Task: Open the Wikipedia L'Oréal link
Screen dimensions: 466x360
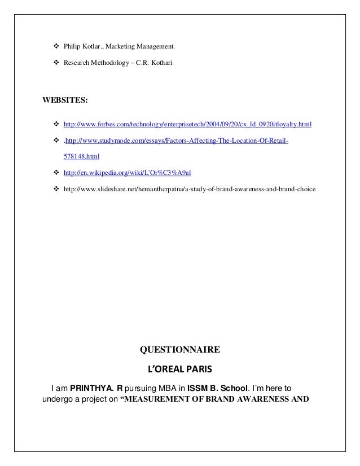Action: coord(128,172)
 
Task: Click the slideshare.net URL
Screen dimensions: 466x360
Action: coord(190,188)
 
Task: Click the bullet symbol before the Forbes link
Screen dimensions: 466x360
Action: coord(55,124)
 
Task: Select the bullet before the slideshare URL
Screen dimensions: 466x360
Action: coord(55,188)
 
